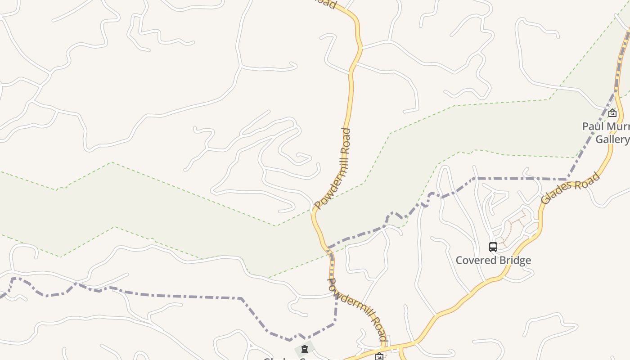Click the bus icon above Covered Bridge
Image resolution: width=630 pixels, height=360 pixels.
click(493, 247)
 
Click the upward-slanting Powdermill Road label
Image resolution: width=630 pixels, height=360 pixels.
click(333, 168)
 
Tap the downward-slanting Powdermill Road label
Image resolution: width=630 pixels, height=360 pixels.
click(357, 309)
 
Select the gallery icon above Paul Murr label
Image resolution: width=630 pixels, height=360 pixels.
click(612, 113)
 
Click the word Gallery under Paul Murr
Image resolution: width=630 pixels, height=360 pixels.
click(612, 139)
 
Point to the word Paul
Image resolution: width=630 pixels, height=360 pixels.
click(593, 126)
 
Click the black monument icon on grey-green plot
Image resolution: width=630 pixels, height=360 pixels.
click(305, 349)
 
